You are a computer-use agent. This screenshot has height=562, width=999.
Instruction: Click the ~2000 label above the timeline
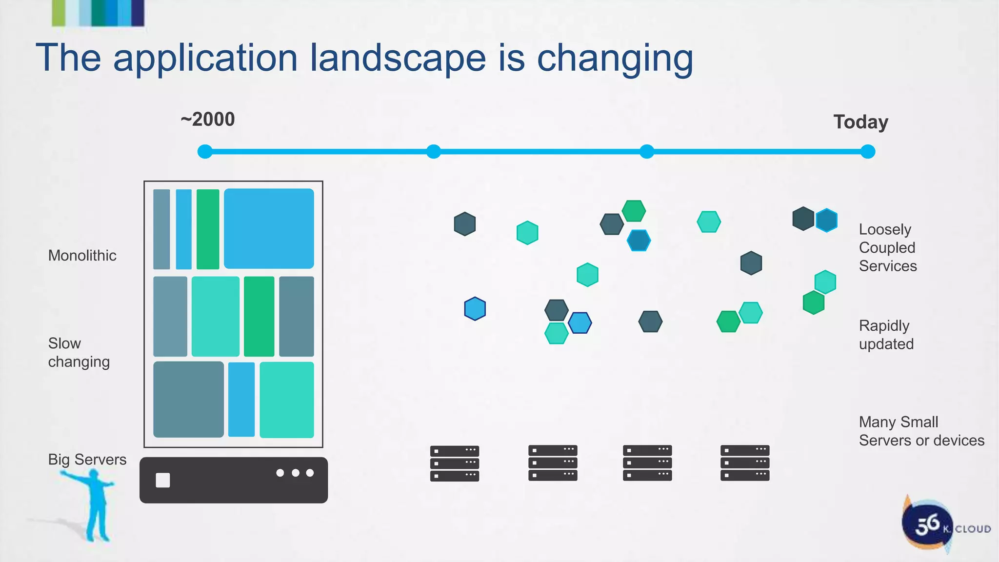pyautogui.click(x=208, y=120)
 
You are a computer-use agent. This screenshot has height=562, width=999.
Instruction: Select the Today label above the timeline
pyautogui.click(x=860, y=122)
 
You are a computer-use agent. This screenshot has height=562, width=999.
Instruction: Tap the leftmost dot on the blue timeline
pyautogui.click(x=205, y=152)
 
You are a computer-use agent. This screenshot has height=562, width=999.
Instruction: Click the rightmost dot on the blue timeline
pyautogui.click(x=868, y=152)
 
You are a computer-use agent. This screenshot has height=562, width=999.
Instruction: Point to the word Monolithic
pyautogui.click(x=82, y=256)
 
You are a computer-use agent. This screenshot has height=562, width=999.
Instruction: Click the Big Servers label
pyautogui.click(x=87, y=460)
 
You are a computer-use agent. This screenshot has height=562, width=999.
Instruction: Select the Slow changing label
pyautogui.click(x=79, y=352)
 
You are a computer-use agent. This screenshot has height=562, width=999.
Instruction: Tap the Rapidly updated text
pyautogui.click(x=886, y=335)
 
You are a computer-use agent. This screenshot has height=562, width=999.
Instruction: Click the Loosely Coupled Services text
pyautogui.click(x=887, y=247)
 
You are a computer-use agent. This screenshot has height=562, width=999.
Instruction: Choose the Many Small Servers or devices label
pyautogui.click(x=921, y=431)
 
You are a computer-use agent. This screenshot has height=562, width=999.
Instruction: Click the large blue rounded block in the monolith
pyautogui.click(x=269, y=228)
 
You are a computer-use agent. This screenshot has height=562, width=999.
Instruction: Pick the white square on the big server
pyautogui.click(x=163, y=480)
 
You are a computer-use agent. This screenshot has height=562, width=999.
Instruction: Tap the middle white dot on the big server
pyautogui.click(x=295, y=473)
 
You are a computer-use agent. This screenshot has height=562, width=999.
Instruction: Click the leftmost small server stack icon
pyautogui.click(x=455, y=463)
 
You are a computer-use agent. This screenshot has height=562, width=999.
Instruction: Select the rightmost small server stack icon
pyautogui.click(x=745, y=463)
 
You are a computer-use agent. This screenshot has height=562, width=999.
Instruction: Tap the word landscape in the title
pyautogui.click(x=398, y=58)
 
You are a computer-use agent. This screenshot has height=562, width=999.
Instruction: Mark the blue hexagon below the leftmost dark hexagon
pyautogui.click(x=475, y=309)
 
